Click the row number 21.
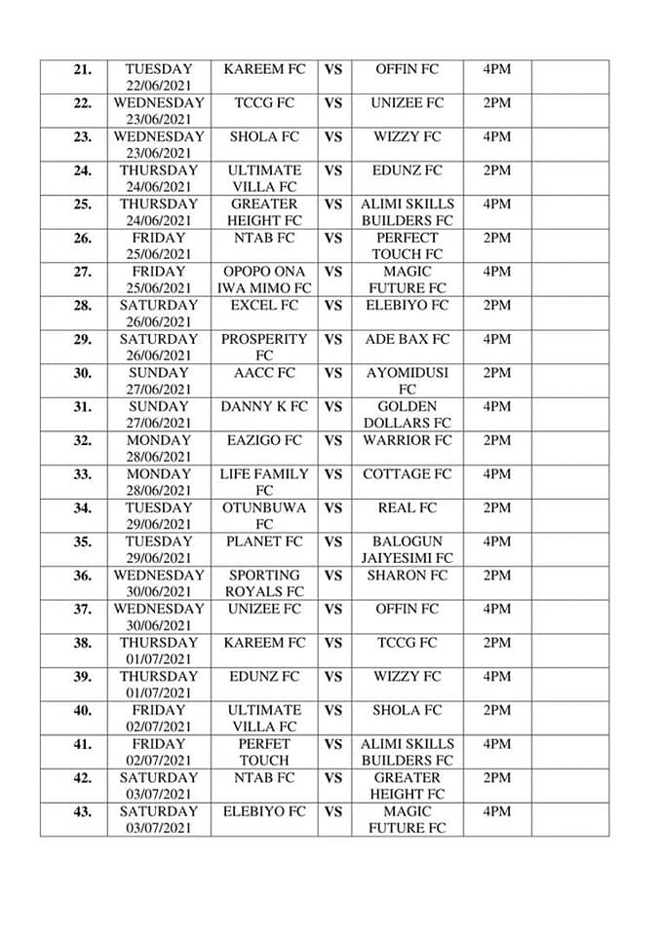[82, 70]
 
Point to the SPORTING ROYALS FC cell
[264, 583]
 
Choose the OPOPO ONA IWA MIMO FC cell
[264, 280]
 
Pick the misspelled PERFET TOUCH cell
[264, 752]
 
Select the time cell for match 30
[496, 373]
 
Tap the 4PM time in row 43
[496, 811]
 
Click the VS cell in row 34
[333, 508]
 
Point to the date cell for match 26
[159, 245]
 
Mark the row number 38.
[82, 644]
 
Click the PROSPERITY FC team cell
[264, 348]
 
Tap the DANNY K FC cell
[264, 407]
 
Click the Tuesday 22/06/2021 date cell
[159, 77]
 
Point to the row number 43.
[82, 812]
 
